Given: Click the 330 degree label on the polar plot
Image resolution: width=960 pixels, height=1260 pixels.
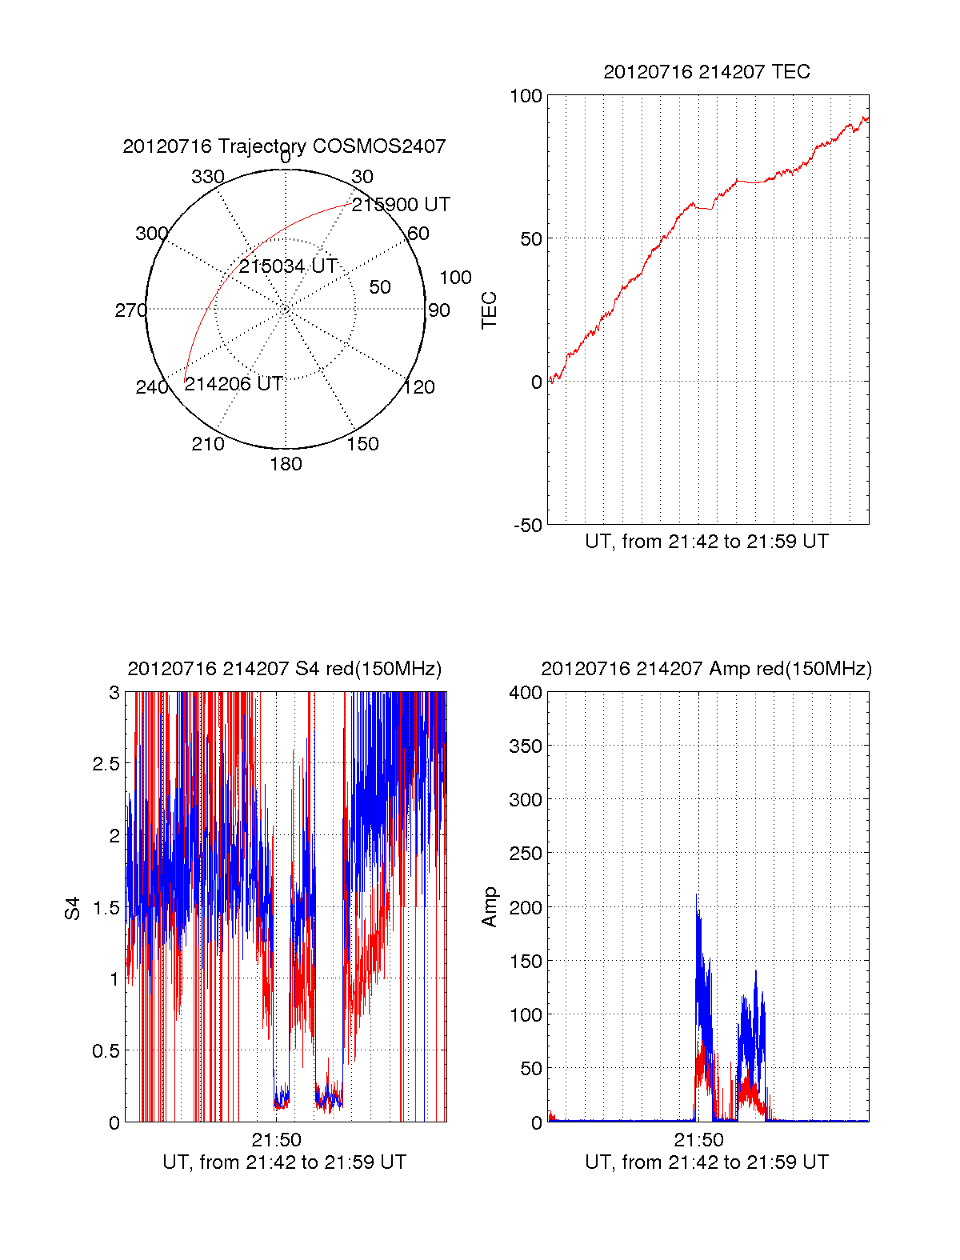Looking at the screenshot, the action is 208,177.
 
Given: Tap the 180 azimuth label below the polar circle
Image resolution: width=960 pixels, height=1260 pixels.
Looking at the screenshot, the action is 286,464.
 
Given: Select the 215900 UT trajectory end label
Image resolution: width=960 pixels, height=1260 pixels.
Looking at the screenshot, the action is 401,204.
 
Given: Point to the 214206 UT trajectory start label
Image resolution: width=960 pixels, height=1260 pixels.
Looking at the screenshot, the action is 234,383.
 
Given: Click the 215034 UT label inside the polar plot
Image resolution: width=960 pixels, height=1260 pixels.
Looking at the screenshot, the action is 288,266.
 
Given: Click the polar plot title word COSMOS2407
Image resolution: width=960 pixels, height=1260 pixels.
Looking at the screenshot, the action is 378,146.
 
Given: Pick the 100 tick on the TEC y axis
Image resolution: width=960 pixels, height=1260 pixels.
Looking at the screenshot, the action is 526,96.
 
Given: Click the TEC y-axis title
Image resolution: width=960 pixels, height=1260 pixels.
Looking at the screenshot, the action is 489,310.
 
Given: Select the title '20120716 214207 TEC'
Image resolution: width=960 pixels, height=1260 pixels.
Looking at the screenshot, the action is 706,72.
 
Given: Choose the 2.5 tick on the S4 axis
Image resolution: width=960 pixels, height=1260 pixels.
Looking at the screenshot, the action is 106,764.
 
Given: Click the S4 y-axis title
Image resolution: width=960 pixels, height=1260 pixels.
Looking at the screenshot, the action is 72,908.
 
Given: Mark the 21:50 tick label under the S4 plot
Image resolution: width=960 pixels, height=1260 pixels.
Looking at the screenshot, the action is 276,1139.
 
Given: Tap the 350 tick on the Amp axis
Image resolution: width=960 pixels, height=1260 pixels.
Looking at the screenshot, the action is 526,746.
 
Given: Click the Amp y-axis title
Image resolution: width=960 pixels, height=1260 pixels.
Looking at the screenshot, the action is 489,907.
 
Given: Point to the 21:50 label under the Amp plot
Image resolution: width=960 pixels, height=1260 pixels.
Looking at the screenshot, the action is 698,1139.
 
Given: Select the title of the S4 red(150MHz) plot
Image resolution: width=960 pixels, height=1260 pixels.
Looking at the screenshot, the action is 285,669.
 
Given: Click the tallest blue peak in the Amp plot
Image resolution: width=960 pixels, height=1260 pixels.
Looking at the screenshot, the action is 697,895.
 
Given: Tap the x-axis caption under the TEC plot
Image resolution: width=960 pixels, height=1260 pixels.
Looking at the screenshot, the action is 706,542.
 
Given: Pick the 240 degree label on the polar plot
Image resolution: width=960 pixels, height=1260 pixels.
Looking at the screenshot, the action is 152,387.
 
